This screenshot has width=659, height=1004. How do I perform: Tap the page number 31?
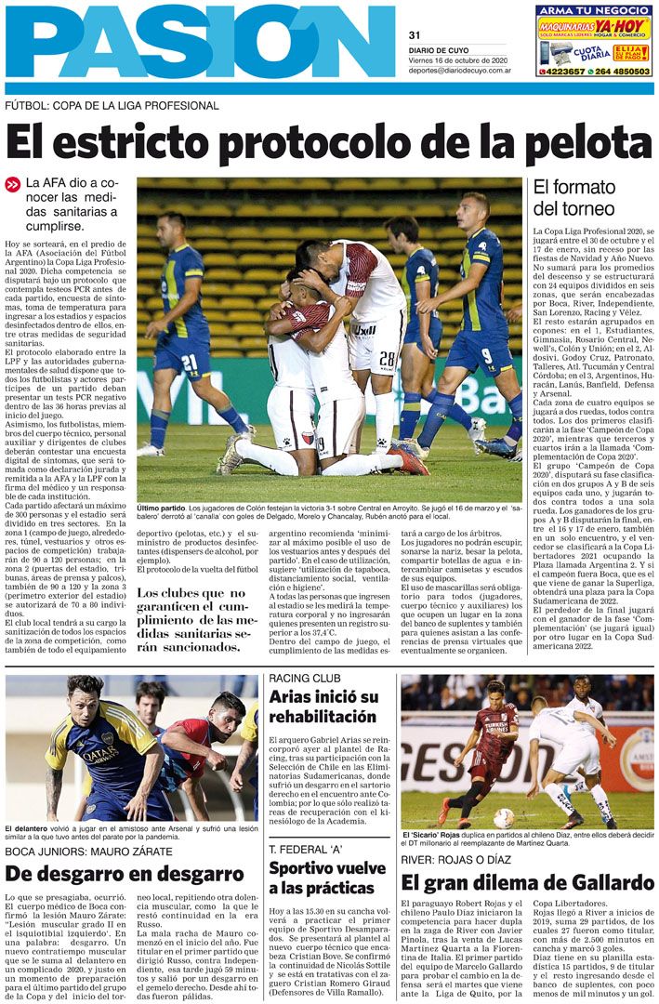pos(415,35)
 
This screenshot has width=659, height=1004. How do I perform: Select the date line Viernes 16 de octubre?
pos(458,59)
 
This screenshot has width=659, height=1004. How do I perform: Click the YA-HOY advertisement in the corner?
pos(594,41)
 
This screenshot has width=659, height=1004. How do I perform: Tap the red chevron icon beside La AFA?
pos(13,184)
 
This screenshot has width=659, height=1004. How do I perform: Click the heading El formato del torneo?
pos(573,197)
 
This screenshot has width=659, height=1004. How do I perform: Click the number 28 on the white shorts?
pos(387,359)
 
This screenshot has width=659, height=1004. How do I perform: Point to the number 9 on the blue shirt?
pos(486,354)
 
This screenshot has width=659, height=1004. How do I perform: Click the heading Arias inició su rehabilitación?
pos(322,707)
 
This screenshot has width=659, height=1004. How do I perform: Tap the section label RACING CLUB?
pos(304,678)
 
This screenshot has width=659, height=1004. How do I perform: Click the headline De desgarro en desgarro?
pos(125,873)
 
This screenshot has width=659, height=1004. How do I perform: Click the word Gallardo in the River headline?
pos(604,882)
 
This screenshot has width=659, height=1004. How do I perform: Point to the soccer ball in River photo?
pos(504,818)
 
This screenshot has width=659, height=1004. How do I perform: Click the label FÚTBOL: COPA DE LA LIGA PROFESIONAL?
pos(112,105)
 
